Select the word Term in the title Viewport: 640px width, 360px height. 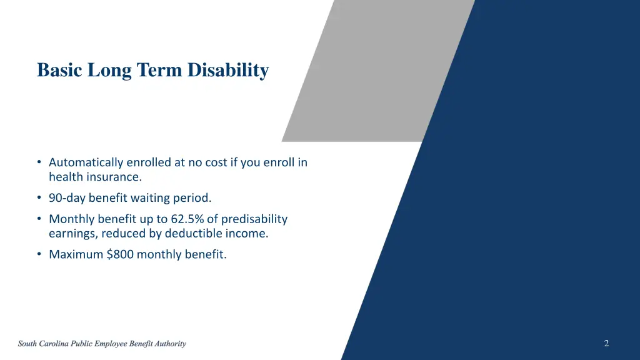[160, 70]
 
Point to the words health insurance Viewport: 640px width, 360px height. [96, 177]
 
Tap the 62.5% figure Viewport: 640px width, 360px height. [192, 219]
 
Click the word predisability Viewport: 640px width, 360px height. [254, 219]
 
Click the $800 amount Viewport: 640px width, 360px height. [120, 254]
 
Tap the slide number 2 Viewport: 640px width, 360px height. [606, 343]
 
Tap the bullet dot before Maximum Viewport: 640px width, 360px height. [39, 254]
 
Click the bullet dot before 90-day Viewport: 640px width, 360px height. [39, 198]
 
